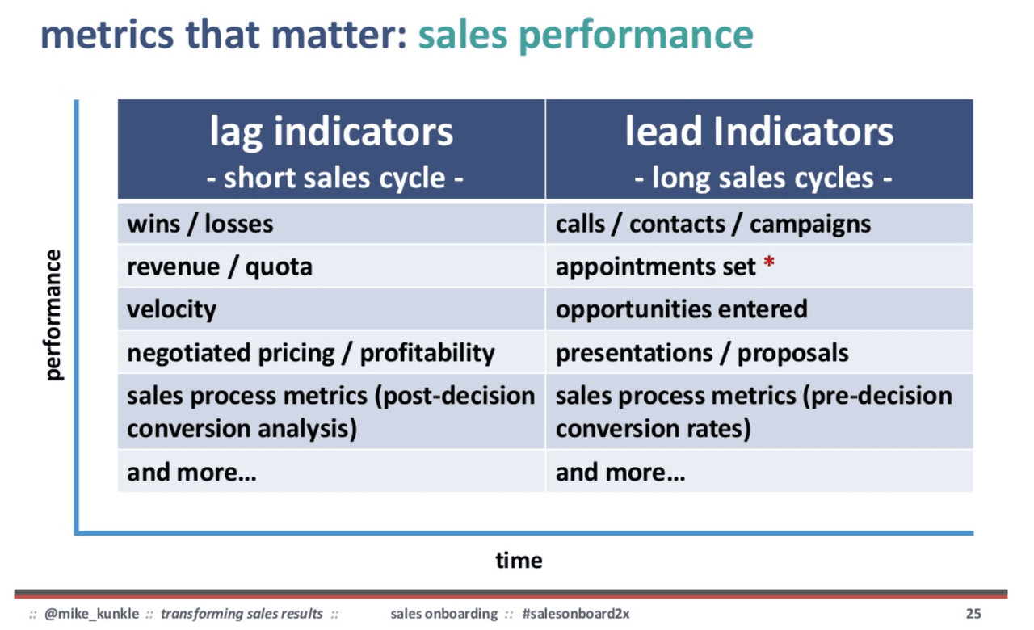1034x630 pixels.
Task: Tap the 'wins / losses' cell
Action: [200, 224]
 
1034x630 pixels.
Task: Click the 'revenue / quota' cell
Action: [219, 267]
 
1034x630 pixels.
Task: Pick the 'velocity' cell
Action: [171, 309]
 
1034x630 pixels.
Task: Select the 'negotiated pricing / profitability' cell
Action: [310, 353]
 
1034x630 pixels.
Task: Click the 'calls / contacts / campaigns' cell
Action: [712, 224]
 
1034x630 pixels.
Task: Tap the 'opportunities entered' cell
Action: [681, 309]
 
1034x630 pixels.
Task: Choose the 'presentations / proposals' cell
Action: [702, 353]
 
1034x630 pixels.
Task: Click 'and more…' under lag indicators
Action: [191, 472]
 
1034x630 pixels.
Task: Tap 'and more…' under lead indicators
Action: [620, 472]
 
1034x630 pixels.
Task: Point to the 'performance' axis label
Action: [53, 315]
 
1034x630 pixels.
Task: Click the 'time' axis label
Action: [519, 560]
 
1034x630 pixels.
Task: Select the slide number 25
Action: [973, 614]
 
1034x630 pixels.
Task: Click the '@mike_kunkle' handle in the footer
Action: [90, 614]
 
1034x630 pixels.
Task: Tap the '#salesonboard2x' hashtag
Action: [575, 614]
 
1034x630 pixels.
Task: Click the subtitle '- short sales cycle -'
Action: [334, 177]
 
